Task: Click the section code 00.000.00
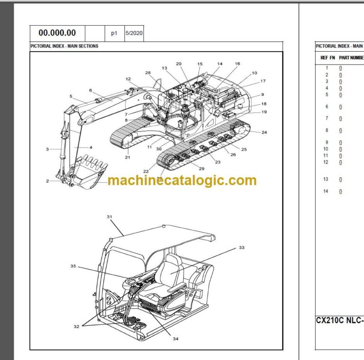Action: (57, 33)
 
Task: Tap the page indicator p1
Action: (114, 33)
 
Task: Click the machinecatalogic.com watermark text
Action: (182, 181)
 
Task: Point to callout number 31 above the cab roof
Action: (109, 217)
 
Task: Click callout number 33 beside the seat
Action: (242, 247)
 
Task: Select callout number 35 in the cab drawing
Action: (73, 267)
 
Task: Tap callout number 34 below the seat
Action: (175, 339)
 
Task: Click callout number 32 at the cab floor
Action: (77, 327)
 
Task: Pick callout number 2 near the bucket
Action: (47, 181)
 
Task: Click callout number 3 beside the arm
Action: (47, 149)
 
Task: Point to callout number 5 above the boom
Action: (71, 96)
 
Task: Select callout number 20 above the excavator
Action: (178, 64)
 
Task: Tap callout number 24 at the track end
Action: (264, 132)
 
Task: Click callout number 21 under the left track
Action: (127, 157)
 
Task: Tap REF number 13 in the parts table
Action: (326, 179)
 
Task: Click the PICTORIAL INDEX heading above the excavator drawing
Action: (64, 46)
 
